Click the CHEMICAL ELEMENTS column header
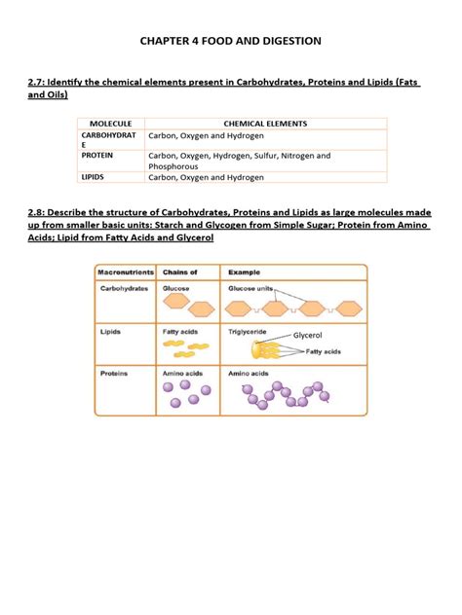click(x=265, y=124)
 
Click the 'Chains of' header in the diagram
click(x=179, y=272)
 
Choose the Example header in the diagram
click(x=244, y=272)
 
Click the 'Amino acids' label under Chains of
click(x=181, y=373)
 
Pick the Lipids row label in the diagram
click(x=110, y=331)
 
